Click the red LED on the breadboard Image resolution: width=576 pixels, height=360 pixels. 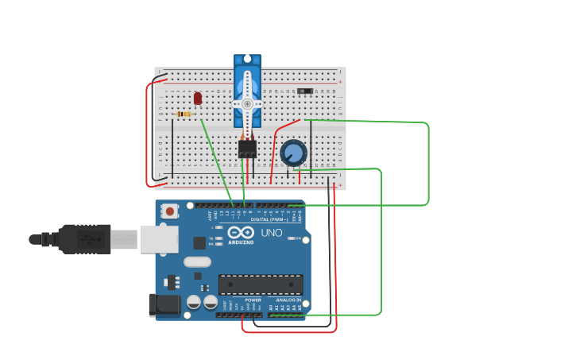click(x=198, y=98)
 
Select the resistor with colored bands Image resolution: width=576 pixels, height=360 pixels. click(x=184, y=114)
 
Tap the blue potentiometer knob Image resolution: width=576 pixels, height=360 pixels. click(x=293, y=153)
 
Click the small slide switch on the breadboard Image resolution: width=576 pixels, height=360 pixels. click(x=305, y=91)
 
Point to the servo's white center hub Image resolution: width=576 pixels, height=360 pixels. click(x=247, y=104)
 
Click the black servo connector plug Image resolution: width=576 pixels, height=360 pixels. click(x=247, y=149)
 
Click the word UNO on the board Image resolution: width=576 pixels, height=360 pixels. click(x=272, y=233)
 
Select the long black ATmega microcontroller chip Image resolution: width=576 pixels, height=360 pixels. click(x=261, y=285)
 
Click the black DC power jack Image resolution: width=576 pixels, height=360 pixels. click(x=164, y=305)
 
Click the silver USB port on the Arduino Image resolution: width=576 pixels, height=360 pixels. click(x=158, y=239)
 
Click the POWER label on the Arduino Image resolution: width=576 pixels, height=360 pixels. click(x=253, y=300)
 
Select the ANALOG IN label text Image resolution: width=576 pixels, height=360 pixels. click(x=288, y=300)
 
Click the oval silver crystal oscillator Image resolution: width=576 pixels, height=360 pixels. click(x=197, y=261)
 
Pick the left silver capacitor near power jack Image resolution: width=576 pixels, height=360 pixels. click(x=194, y=302)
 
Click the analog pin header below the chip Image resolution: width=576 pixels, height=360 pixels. click(x=286, y=315)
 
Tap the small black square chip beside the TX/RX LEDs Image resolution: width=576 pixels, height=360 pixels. click(x=199, y=243)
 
